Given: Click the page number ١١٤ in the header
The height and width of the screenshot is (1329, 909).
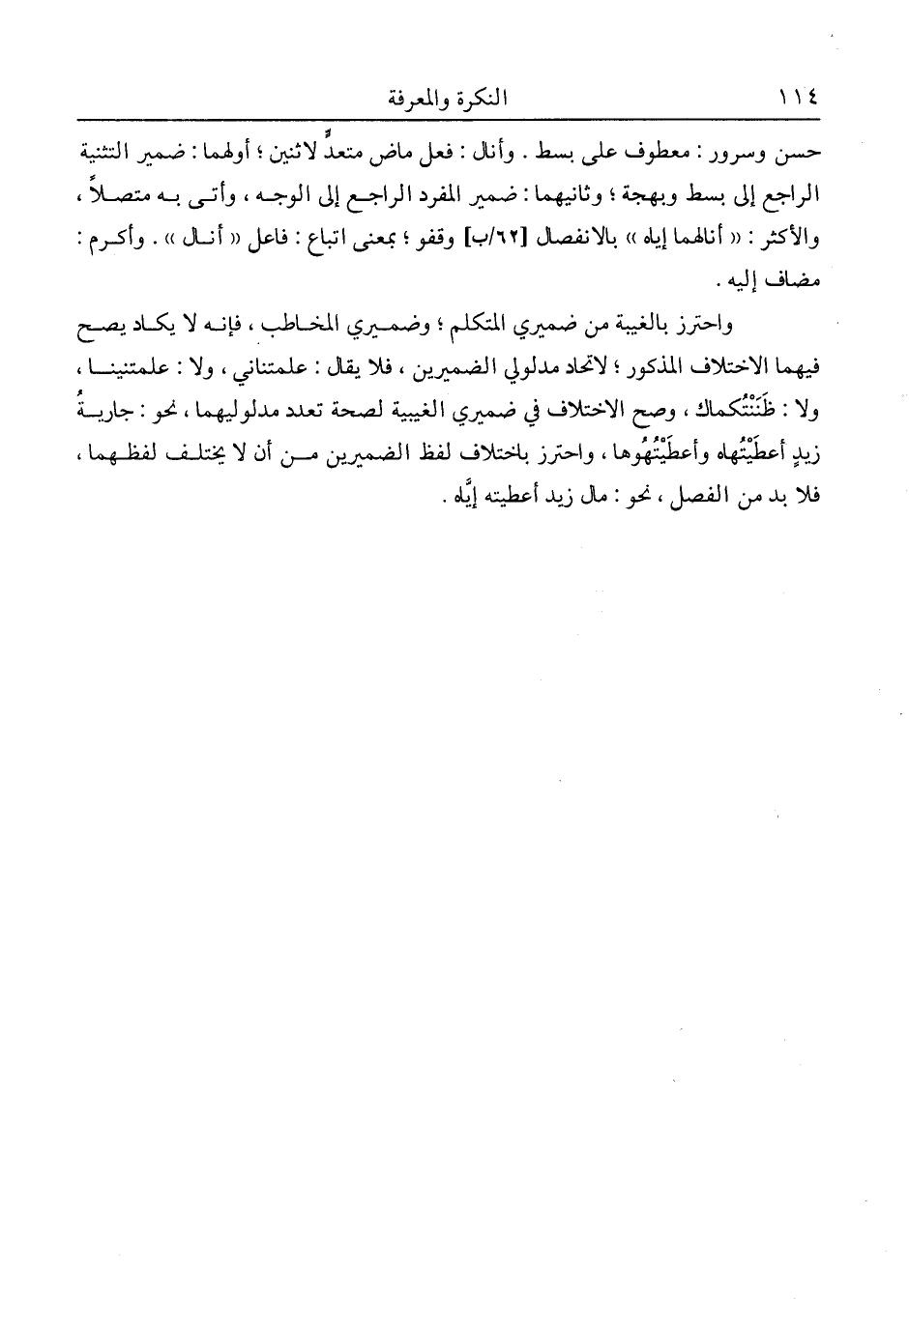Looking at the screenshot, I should (798, 99).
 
